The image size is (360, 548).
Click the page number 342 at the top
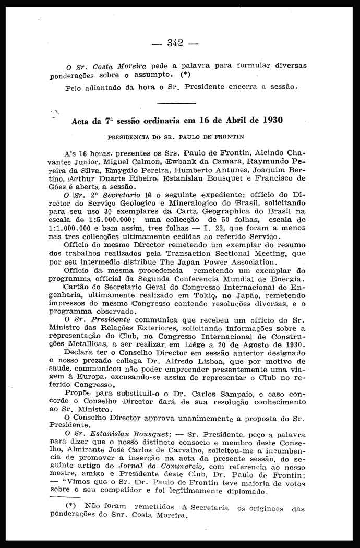(180, 43)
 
